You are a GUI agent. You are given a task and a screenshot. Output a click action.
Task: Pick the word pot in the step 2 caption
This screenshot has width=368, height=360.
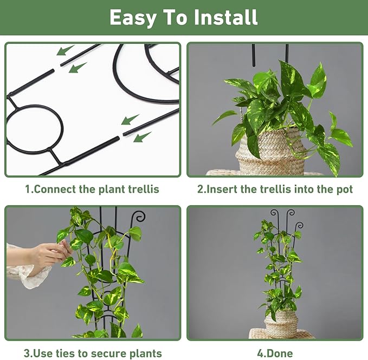pyautogui.click(x=344, y=189)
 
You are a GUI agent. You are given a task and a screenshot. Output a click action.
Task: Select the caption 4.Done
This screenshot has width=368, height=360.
pyautogui.click(x=274, y=354)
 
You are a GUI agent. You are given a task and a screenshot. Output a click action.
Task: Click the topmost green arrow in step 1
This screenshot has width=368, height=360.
pyautogui.click(x=65, y=51)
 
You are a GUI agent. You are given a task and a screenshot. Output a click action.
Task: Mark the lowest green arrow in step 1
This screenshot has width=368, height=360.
pyautogui.click(x=141, y=137)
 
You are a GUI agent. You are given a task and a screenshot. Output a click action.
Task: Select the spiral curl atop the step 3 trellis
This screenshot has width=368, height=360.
pyautogui.click(x=140, y=217)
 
